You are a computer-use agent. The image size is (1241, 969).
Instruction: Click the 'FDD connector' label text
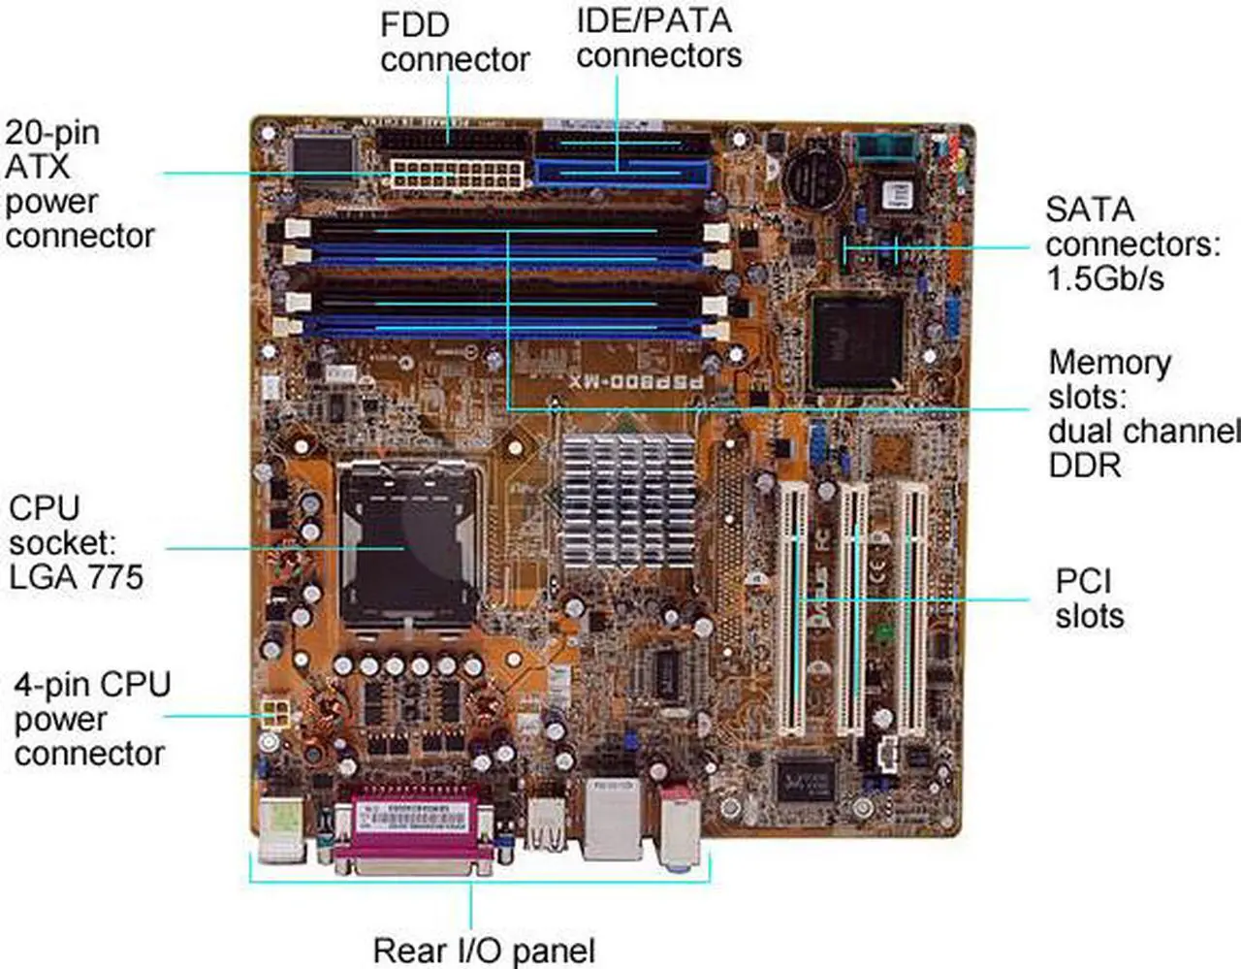click(454, 42)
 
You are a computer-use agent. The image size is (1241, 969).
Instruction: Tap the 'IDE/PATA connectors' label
click(658, 38)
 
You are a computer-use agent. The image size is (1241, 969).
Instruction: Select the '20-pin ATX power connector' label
click(79, 184)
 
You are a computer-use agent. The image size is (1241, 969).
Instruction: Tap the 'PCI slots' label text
click(1089, 598)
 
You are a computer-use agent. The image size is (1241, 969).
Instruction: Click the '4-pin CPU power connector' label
click(91, 719)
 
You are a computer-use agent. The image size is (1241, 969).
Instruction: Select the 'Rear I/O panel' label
click(484, 951)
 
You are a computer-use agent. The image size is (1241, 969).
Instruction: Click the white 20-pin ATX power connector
click(458, 176)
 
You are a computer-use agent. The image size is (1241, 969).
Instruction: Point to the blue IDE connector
click(622, 175)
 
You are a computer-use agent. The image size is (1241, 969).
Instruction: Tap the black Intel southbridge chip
click(857, 339)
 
